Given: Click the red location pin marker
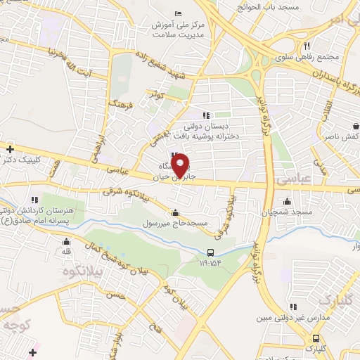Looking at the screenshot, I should [x=181, y=165].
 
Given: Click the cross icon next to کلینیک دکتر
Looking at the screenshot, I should [x=10, y=148].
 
